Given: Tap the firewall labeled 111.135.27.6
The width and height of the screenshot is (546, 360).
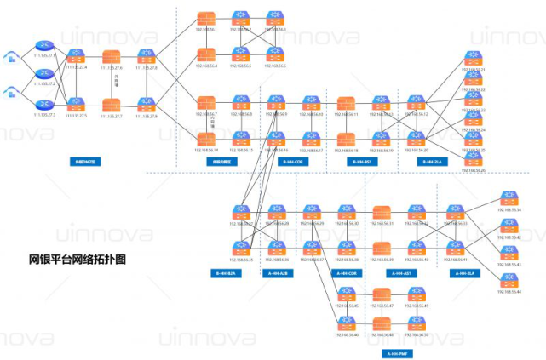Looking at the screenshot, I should tap(112, 57).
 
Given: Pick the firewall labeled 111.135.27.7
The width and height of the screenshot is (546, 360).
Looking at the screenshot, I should tap(112, 105).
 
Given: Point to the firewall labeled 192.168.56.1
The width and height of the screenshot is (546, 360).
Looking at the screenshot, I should tap(206, 19).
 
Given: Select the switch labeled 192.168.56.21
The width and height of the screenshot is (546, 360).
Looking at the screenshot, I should tap(473, 59).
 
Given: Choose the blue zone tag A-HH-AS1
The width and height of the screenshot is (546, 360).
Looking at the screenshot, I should tap(399, 273).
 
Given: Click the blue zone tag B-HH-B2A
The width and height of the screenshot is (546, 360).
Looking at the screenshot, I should tap(226, 273).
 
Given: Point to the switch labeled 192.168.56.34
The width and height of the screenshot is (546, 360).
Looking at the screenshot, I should tap(509, 198).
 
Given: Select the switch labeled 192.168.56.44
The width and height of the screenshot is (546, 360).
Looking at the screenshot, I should tap(509, 281).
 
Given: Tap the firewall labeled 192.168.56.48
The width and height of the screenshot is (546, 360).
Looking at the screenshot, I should tap(381, 324).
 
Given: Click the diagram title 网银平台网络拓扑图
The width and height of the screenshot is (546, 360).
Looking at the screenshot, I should tap(77, 259).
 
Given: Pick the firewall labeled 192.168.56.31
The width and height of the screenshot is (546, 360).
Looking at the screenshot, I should tap(381, 213).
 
